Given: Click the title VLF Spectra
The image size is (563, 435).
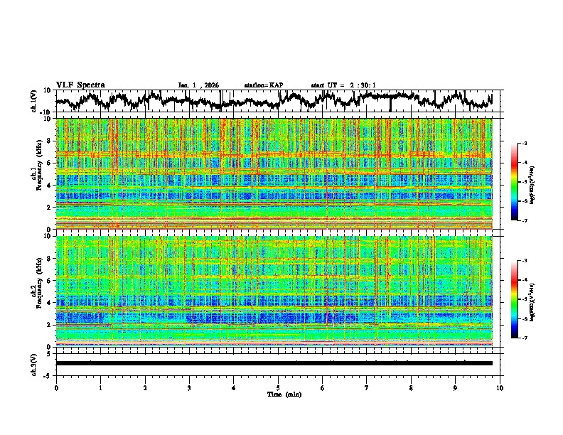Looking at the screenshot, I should click(x=80, y=85).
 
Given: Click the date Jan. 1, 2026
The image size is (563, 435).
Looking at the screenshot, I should click(x=198, y=85).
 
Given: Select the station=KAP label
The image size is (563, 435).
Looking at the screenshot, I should click(x=264, y=85).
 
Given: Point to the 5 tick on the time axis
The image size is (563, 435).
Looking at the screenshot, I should click(x=278, y=387).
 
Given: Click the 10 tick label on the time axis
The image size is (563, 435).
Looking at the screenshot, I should click(x=500, y=387).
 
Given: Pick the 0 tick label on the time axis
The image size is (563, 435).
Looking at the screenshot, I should click(x=56, y=387).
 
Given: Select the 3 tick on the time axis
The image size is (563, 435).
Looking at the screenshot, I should click(x=189, y=387).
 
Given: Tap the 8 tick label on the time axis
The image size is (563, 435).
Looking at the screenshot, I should click(x=411, y=387).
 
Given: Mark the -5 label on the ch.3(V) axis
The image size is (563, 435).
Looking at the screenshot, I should click(x=48, y=373).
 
